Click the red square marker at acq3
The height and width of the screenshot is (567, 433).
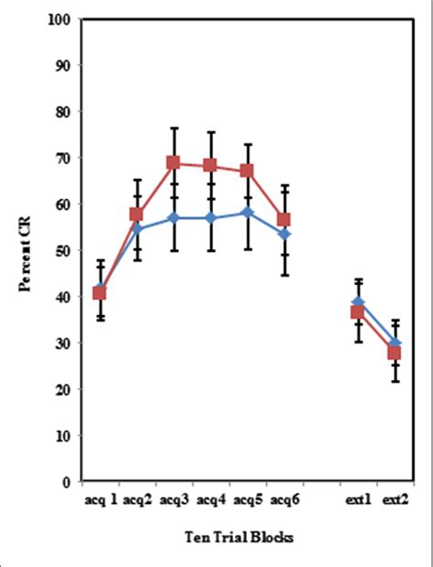coord(174,163)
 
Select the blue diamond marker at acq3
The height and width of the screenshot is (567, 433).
coord(174,218)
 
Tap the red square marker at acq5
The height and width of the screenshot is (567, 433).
coord(247,171)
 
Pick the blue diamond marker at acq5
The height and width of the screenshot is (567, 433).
coord(247,212)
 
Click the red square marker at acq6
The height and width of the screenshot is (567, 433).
coord(284,219)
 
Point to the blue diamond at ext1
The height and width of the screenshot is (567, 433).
coord(358,301)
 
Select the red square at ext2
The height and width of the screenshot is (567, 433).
coord(395,352)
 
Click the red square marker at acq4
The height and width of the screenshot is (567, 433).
coord(210,165)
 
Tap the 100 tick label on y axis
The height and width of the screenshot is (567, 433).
coord(61,19)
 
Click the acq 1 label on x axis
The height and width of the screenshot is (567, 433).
coord(100,499)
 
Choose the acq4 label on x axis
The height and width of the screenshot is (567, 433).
coord(211,499)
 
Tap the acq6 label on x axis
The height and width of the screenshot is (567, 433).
coord(285,499)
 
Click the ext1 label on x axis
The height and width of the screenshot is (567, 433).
coord(356,499)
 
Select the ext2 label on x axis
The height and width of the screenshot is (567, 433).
coord(395,499)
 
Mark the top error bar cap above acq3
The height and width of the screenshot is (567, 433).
coord(174,128)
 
